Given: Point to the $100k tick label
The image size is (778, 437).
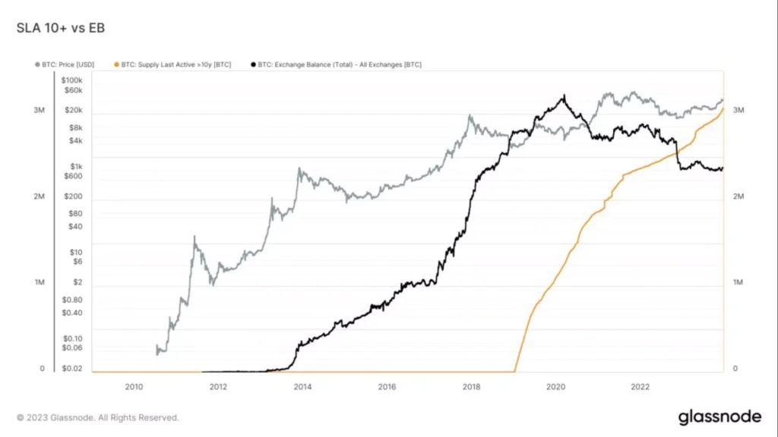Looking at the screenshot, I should [71, 80].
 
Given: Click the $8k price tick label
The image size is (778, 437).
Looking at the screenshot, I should [74, 128].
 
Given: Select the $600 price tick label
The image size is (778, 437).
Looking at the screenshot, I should [72, 176].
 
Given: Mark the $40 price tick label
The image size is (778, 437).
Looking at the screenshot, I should [75, 226].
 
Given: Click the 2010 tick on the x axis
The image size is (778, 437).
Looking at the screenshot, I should [134, 386].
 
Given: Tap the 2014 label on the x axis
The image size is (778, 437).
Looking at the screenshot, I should [302, 386].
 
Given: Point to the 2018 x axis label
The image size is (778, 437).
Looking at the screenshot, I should [471, 386].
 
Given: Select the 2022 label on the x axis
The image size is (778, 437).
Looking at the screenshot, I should [640, 386].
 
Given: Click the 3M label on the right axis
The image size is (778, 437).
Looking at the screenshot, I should [738, 111].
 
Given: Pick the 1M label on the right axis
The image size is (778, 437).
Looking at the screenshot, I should [738, 282].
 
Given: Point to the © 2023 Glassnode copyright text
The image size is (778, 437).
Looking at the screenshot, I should [98, 417].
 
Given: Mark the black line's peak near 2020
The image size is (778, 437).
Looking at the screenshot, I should [563, 96].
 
